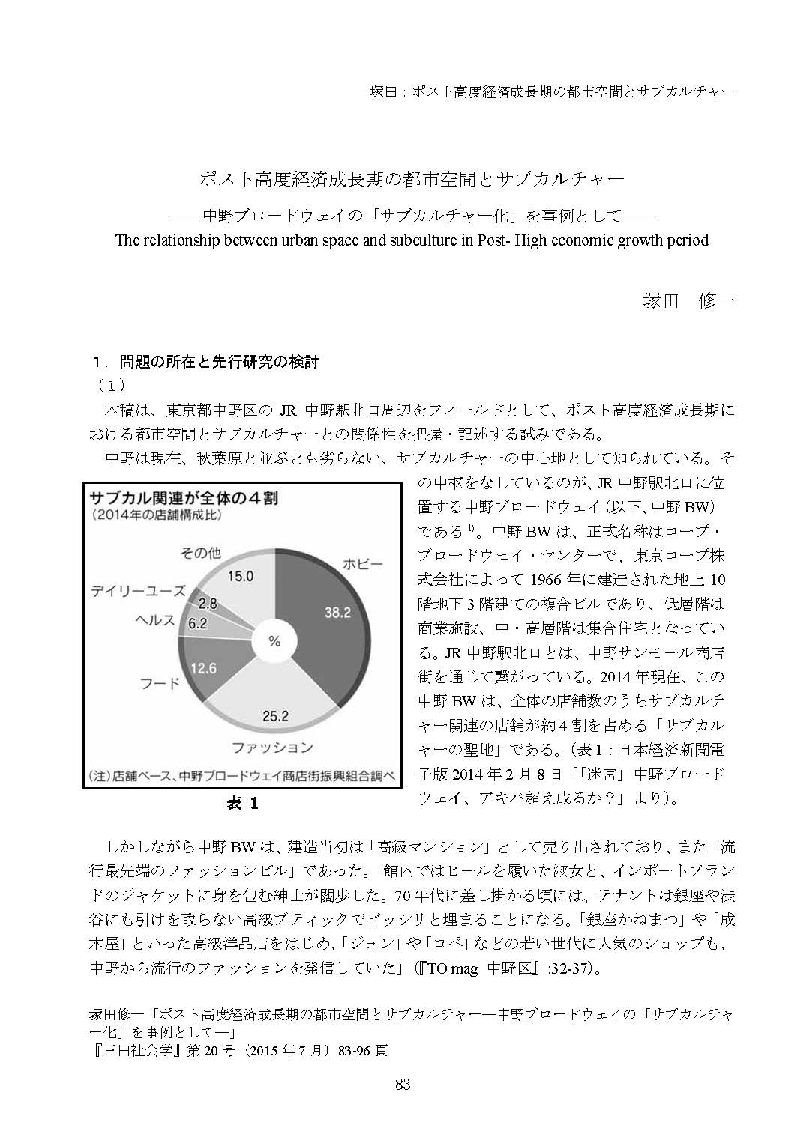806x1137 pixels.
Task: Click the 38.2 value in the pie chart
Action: (337, 613)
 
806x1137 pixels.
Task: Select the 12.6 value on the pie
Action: (203, 667)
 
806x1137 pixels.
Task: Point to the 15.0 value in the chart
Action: (240, 576)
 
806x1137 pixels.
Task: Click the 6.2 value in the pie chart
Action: (196, 623)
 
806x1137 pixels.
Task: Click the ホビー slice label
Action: (362, 563)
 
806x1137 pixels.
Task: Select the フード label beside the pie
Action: (160, 683)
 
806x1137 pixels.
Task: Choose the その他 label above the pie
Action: (201, 553)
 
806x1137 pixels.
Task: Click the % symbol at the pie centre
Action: (274, 641)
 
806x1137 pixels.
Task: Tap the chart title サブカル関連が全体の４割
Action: (184, 497)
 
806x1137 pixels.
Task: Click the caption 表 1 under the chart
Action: (242, 804)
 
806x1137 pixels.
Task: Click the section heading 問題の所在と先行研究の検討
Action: (219, 363)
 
